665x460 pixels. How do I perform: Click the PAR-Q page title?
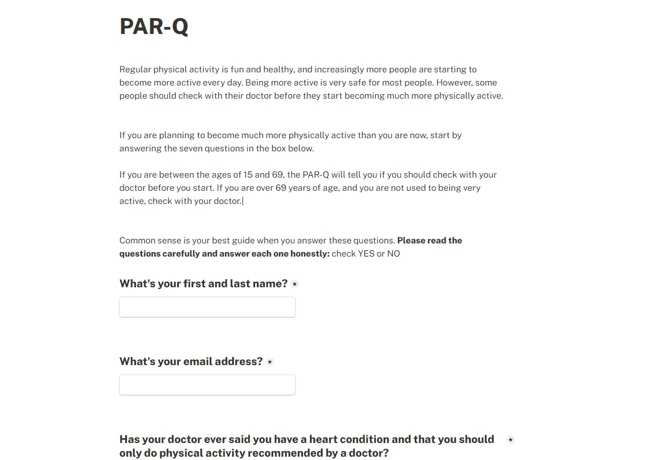154,26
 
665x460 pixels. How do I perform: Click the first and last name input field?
207,307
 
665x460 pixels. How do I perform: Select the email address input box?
207,385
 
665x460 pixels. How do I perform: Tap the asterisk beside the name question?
295,284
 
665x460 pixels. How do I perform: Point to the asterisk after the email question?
270,362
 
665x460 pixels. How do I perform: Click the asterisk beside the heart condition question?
510,440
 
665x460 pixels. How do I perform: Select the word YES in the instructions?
366,254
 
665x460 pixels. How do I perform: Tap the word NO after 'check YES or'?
393,254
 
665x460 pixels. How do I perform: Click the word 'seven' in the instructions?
191,149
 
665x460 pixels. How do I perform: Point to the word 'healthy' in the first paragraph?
279,70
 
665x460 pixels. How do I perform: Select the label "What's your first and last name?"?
203,283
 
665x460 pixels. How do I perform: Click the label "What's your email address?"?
191,361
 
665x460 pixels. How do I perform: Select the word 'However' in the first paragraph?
455,83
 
